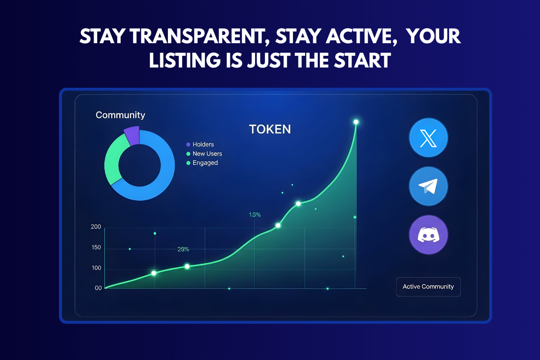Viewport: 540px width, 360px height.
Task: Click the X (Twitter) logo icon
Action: [x=428, y=137]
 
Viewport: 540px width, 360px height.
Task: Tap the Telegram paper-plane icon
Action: [x=428, y=186]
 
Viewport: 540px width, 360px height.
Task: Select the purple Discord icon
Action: [x=428, y=235]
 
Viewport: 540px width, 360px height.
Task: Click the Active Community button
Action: [x=428, y=287]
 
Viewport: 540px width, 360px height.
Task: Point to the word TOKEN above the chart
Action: [x=270, y=130]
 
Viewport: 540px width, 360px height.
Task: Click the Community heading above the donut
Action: [x=120, y=115]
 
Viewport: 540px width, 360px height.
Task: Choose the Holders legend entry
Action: [x=203, y=144]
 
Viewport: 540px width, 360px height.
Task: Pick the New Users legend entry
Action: [x=207, y=153]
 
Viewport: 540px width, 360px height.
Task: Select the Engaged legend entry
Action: [x=205, y=163]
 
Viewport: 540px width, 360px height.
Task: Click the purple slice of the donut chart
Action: [x=132, y=135]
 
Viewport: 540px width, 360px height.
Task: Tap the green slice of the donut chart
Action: [x=112, y=160]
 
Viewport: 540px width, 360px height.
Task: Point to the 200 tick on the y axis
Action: [x=96, y=227]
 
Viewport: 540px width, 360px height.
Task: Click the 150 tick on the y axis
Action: [x=96, y=248]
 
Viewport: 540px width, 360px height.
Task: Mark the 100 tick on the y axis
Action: [x=96, y=268]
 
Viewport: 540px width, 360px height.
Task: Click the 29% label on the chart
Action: [x=183, y=249]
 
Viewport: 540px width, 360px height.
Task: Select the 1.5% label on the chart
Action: [x=255, y=215]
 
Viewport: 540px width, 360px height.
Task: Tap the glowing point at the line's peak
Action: [x=356, y=122]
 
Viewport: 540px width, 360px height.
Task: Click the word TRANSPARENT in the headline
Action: [x=190, y=37]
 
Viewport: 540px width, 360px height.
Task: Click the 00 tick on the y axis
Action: [x=98, y=288]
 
